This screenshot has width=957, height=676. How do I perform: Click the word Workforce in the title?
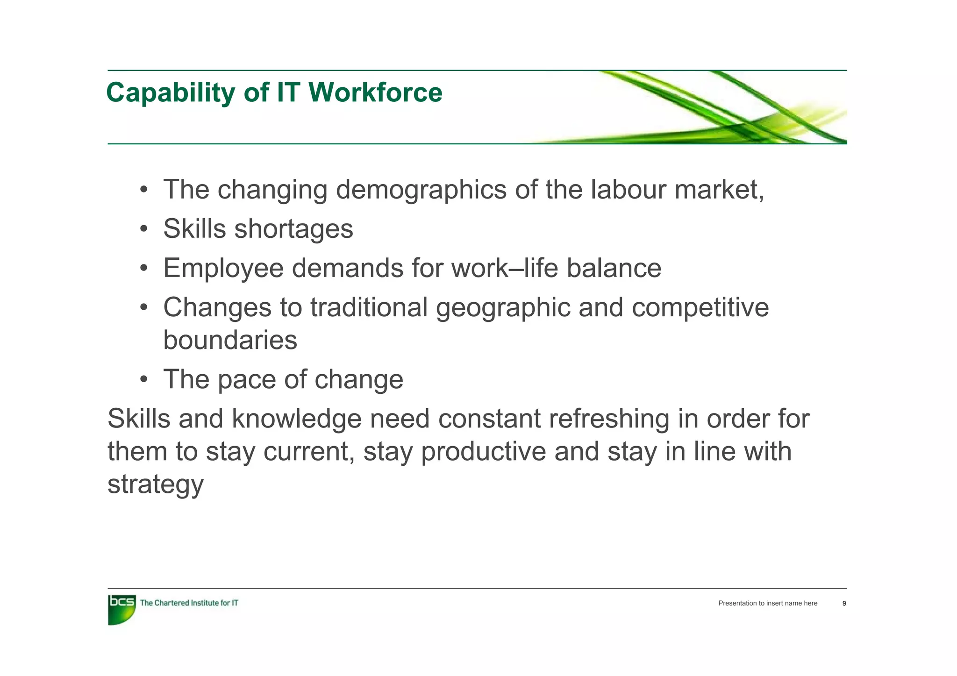[x=375, y=93]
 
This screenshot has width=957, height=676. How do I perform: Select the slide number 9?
[x=844, y=604]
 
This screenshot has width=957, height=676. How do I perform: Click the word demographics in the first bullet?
[x=421, y=190]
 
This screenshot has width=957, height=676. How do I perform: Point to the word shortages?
[x=293, y=229]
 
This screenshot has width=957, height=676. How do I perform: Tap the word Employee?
[x=223, y=269]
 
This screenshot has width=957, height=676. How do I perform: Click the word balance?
[x=614, y=268]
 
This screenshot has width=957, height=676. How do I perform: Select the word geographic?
[x=503, y=308]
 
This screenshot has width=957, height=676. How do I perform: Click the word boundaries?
[x=230, y=340]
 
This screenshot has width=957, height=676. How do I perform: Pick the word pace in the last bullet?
[x=246, y=379]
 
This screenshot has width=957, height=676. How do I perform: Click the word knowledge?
[x=296, y=419]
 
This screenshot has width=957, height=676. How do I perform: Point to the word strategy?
[x=156, y=484]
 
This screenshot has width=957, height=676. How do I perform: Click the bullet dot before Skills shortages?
[x=144, y=229]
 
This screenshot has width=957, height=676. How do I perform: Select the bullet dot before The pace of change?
[x=144, y=379]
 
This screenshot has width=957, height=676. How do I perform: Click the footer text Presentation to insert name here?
[x=768, y=604]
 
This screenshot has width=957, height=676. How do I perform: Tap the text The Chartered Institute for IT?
[x=189, y=603]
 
